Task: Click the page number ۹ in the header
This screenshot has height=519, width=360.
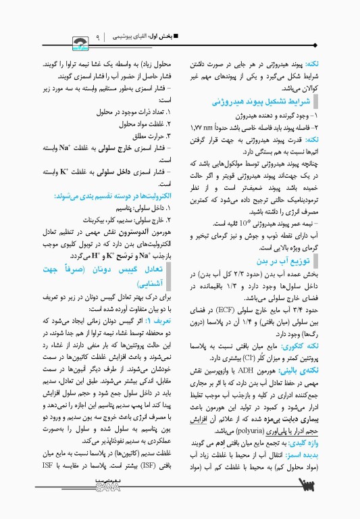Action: (x=99, y=36)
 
